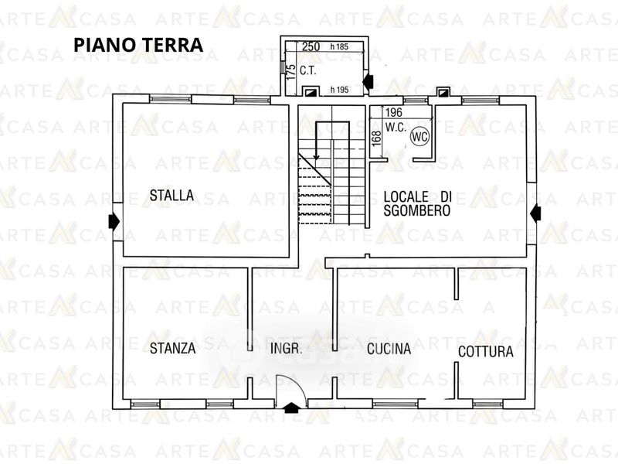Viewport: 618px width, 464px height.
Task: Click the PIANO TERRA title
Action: point(138,45)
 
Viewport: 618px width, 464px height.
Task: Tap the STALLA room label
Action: point(171,196)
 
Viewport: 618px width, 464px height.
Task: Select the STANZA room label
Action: point(172,348)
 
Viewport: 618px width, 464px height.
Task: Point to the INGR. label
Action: point(287,349)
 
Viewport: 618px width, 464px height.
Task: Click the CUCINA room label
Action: point(389,349)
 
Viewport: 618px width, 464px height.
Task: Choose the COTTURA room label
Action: point(486,352)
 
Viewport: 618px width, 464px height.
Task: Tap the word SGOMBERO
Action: point(417,210)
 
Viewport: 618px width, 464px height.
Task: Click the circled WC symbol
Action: point(419,137)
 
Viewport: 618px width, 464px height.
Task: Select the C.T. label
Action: point(308,71)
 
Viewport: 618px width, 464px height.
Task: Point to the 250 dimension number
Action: point(311,46)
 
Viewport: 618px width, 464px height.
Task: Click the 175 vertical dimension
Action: point(290,73)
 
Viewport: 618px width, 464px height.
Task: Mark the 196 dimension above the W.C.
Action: point(394,112)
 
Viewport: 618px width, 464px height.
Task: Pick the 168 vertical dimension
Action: point(377,138)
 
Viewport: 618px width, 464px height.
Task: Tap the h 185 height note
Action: point(339,46)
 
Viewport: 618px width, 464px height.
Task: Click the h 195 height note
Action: point(339,90)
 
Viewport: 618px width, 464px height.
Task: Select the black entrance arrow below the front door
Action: point(291,408)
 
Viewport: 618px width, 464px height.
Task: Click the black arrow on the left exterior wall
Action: point(114,221)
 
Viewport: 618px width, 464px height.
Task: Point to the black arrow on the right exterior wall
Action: point(535,213)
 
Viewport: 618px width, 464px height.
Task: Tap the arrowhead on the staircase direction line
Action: point(316,158)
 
